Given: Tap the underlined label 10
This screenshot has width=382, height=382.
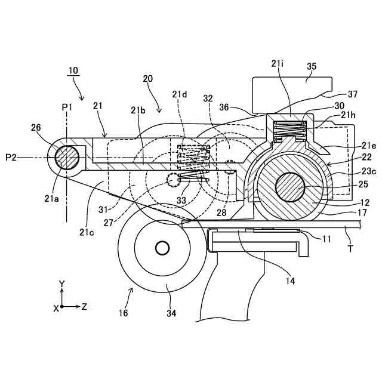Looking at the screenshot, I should click(73, 70).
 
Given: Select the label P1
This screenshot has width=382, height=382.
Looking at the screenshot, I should click(66, 106).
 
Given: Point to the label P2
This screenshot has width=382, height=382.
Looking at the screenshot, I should click(13, 157).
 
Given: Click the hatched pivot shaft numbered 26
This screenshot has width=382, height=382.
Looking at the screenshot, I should click(66, 158).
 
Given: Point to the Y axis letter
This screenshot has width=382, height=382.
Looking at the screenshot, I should click(62, 283).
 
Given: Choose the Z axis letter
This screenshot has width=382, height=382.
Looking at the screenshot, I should click(85, 307).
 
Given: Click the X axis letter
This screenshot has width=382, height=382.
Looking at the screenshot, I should click(56, 308).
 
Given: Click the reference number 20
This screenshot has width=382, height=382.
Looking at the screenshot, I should click(149, 78).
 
